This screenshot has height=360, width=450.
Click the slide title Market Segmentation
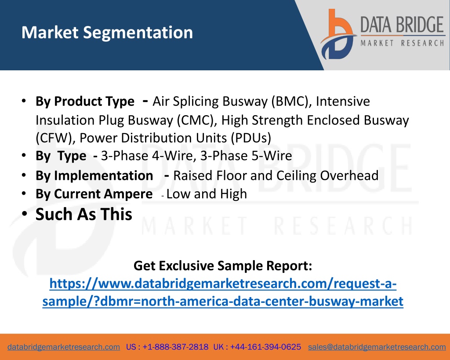pyautogui.click(x=107, y=33)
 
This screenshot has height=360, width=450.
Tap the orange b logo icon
pyautogui.click(x=338, y=34)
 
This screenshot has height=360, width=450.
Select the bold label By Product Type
pyautogui.click(x=85, y=102)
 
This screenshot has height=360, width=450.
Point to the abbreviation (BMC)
pyautogui.click(x=291, y=102)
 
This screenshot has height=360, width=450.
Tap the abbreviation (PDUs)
pyautogui.click(x=251, y=138)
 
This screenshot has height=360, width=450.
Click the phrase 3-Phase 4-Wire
pyautogui.click(x=147, y=156)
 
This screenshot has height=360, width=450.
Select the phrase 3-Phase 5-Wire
pyautogui.click(x=246, y=156)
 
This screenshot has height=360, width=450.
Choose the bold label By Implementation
pyautogui.click(x=94, y=176)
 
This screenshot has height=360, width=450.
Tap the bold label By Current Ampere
pyautogui.click(x=94, y=194)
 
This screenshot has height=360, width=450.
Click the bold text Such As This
pyautogui.click(x=84, y=215)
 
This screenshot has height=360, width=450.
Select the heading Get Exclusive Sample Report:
pyautogui.click(x=223, y=266)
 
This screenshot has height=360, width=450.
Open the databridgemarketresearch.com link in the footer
pyautogui.click(x=64, y=347)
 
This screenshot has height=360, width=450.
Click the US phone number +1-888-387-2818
pyautogui.click(x=175, y=347)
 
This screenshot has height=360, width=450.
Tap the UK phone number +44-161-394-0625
pyautogui.click(x=265, y=347)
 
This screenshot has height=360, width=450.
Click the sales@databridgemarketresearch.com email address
pyautogui.click(x=377, y=347)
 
